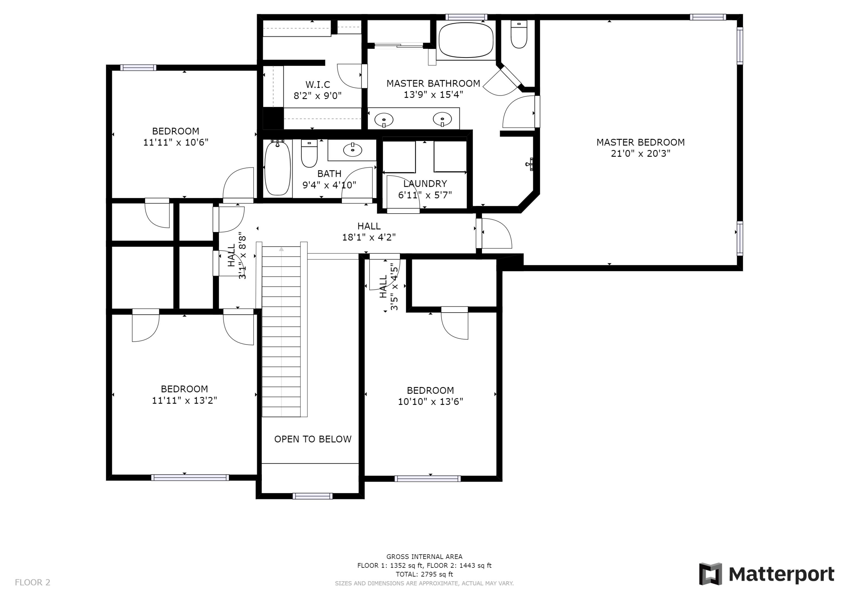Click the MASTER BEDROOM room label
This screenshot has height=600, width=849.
coord(640,142)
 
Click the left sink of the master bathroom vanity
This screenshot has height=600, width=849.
coord(384,120)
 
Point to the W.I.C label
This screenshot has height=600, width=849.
coord(318,84)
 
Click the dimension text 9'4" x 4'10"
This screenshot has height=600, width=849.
coord(329,185)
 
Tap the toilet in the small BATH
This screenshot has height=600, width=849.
coord(309,153)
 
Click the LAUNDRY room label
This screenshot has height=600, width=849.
coord(425,184)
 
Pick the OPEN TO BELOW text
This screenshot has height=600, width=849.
coord(312,439)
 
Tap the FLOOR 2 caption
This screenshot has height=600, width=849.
coord(33,582)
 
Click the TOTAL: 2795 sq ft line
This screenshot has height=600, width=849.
coord(424,574)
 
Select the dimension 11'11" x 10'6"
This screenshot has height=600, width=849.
coord(176,142)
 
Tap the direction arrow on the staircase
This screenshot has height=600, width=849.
coord(281,250)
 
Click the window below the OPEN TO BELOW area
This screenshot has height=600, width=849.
coord(312,496)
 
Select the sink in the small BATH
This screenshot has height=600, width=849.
coord(352,149)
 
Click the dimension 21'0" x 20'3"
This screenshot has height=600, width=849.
coord(640,153)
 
